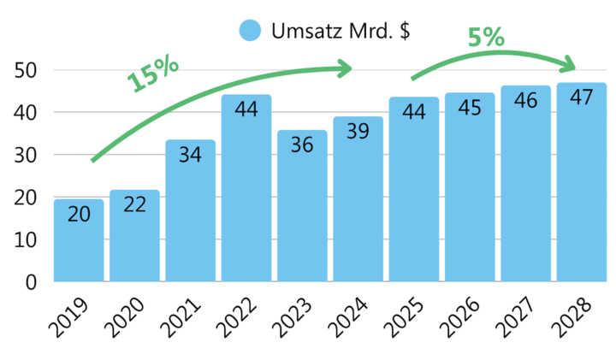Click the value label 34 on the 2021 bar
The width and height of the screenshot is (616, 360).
(x=190, y=155)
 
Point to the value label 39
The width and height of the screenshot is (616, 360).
(x=358, y=131)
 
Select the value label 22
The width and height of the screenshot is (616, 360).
(x=134, y=204)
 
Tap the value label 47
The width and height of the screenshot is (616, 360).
(x=582, y=97)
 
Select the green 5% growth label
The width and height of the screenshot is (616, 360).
(x=485, y=38)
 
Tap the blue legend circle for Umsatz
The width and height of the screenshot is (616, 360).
(x=250, y=31)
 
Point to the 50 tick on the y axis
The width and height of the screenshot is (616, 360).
(x=27, y=70)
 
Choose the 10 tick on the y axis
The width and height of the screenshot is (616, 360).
(x=27, y=239)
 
